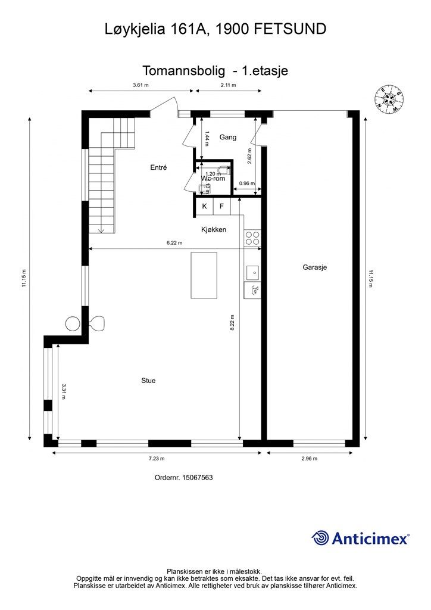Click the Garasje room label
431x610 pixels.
[x=315, y=267]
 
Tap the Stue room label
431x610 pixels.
[x=148, y=380]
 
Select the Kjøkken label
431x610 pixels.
[x=213, y=229]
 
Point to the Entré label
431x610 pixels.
[x=158, y=168]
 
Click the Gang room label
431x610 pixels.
[x=228, y=137]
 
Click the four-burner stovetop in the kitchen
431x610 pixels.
[x=252, y=238]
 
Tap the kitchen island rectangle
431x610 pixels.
[x=204, y=275]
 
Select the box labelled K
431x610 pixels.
[x=204, y=206]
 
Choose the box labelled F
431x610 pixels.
[x=221, y=206]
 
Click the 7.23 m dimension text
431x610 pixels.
[x=157, y=458]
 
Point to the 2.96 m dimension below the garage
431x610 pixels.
[x=310, y=458]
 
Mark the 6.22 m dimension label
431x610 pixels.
[x=174, y=243]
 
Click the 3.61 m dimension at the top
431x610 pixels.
[x=140, y=85]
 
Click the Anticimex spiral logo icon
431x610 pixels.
[x=321, y=538]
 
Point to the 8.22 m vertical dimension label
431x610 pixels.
[x=232, y=325]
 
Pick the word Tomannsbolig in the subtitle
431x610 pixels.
[x=184, y=70]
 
